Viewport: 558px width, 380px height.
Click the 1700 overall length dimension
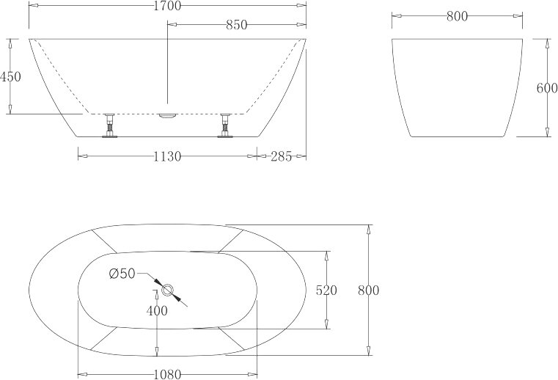[x=167, y=6]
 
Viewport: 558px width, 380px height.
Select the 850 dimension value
[x=236, y=25]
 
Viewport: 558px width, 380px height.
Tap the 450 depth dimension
[x=10, y=76]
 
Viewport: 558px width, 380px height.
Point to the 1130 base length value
[x=167, y=156]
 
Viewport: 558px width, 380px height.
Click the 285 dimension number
[x=281, y=156]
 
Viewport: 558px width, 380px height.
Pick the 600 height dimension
[x=547, y=88]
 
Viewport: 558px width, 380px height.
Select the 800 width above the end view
[x=457, y=16]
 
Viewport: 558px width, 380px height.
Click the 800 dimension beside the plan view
[x=368, y=291]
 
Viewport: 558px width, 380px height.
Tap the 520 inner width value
[x=326, y=291]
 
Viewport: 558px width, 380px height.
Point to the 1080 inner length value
[x=167, y=374]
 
